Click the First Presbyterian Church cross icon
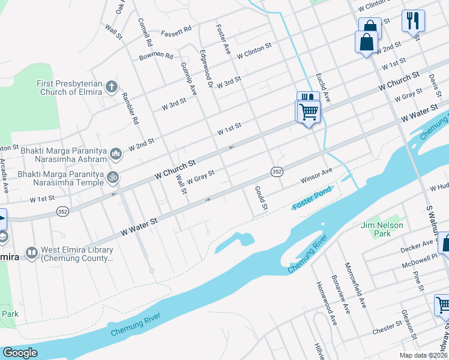111,88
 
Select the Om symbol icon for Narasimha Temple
111,177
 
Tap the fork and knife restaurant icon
412,20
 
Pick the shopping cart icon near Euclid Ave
309,110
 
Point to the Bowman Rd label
155,56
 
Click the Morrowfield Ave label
355,284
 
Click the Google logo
20,352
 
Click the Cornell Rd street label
145,32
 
